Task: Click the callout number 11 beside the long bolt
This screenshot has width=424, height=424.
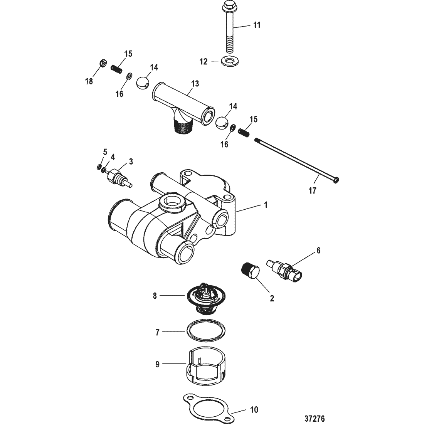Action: coord(257,25)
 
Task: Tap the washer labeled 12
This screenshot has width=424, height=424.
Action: coord(230,61)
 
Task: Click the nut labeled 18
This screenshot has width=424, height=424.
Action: coord(103,64)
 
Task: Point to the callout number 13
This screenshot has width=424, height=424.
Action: coord(195,84)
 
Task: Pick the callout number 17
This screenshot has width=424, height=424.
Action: coord(312,191)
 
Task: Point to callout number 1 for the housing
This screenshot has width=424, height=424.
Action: coord(266,205)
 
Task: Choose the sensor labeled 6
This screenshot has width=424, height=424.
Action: coord(284,271)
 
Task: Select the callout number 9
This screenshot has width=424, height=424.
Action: coord(157,365)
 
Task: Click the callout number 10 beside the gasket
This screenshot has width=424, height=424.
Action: coord(254,410)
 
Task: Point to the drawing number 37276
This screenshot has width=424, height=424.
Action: coord(315,419)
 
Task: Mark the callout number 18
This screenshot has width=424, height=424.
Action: coord(89,81)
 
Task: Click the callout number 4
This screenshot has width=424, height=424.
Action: coord(113,157)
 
